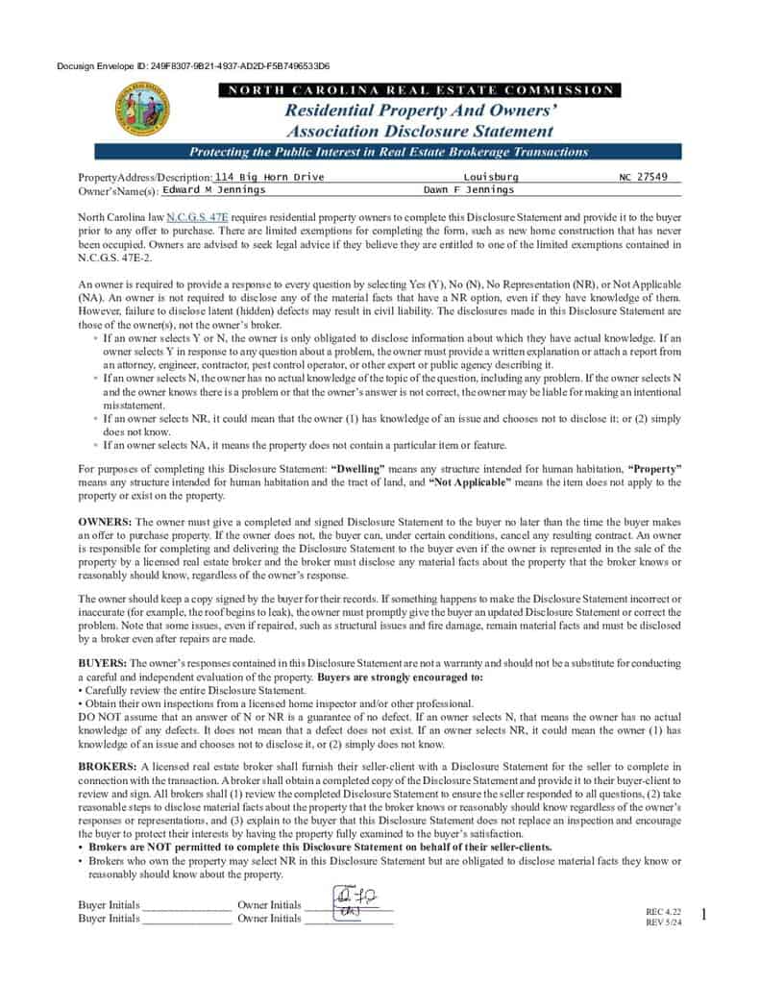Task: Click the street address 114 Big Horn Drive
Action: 269,177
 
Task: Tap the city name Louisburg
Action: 490,177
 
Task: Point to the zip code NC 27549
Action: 650,177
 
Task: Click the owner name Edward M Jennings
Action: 207,190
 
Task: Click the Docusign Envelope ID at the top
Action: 193,66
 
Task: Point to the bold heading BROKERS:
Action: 107,766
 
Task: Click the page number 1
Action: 703,915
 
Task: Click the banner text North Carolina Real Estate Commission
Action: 419,90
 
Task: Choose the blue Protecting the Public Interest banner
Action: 387,152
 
